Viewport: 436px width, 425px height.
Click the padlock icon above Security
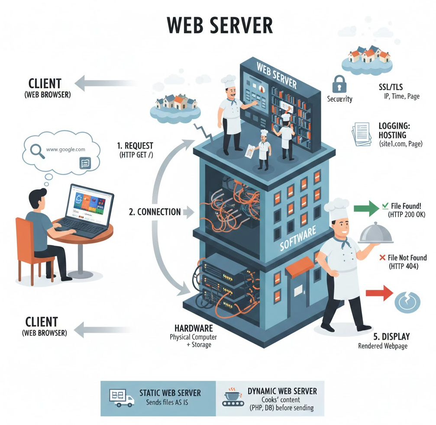point(339,84)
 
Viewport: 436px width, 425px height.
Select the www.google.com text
point(65,149)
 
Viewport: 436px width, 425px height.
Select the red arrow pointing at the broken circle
point(378,294)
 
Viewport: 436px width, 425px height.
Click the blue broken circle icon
point(407,300)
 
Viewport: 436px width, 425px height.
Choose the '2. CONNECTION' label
point(155,212)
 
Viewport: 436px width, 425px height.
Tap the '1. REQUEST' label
point(135,146)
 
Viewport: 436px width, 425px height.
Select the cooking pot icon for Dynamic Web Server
point(233,396)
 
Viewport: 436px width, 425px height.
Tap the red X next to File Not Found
point(382,258)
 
